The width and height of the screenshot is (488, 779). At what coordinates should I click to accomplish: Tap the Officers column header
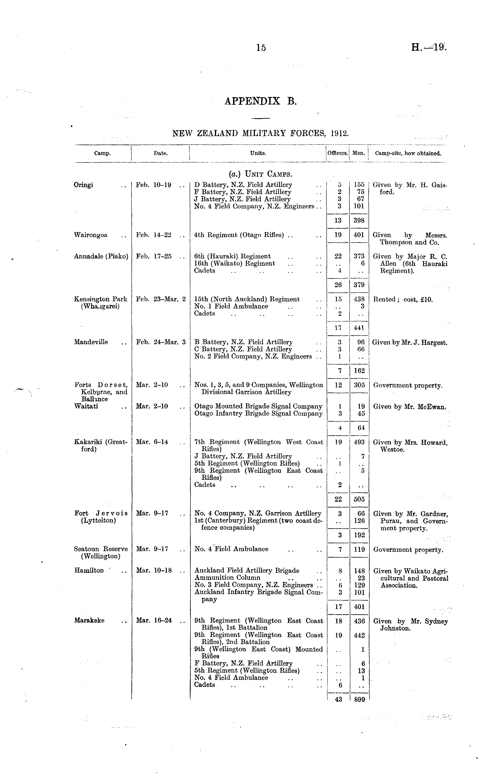(338, 153)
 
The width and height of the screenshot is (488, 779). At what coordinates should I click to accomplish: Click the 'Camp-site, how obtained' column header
(408, 153)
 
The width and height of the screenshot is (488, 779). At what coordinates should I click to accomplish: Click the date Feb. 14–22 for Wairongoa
(154, 235)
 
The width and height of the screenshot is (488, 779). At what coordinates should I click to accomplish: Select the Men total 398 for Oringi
(359, 221)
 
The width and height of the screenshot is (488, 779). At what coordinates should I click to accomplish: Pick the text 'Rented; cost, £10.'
(402, 299)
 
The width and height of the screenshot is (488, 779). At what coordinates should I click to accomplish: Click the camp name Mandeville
(91, 342)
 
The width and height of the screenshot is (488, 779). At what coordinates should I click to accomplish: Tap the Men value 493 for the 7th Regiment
(359, 442)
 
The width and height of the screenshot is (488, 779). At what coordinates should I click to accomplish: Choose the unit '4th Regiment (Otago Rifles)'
(239, 235)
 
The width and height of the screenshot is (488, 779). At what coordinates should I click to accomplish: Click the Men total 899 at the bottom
(359, 699)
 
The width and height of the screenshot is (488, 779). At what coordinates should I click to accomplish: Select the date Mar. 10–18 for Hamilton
(154, 570)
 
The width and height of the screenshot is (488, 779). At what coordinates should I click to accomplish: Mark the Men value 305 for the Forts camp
(359, 385)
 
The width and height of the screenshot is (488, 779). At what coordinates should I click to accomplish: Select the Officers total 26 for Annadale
(338, 285)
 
